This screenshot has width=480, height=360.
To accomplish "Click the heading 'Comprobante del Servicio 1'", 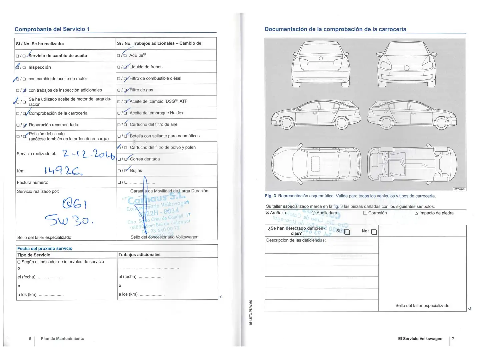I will click(x=52, y=29).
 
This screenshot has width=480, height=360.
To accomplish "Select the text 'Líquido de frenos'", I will click(x=146, y=67).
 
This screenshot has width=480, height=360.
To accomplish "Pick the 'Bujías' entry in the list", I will click(x=136, y=170).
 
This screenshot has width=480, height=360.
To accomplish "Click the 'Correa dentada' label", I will click(x=145, y=159).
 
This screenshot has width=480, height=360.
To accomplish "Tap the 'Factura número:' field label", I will click(x=32, y=182).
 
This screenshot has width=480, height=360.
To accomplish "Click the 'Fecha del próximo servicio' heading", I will click(x=45, y=248).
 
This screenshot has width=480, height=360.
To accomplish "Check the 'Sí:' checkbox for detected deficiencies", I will click(x=347, y=232).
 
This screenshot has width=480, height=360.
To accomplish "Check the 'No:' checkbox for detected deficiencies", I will click(x=374, y=232).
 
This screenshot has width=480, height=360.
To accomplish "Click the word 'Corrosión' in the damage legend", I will click(x=377, y=213).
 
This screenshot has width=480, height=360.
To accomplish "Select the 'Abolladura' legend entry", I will click(x=326, y=213).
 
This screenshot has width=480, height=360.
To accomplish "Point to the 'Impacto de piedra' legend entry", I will click(x=436, y=213).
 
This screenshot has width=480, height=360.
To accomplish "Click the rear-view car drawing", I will click(x=321, y=64).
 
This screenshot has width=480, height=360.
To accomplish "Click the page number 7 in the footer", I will click(x=453, y=339).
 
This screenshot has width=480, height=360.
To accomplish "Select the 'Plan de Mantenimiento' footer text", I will click(x=62, y=339).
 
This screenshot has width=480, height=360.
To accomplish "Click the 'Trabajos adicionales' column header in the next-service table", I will click(x=139, y=255).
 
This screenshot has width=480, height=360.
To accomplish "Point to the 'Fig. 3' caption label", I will click(x=270, y=196).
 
